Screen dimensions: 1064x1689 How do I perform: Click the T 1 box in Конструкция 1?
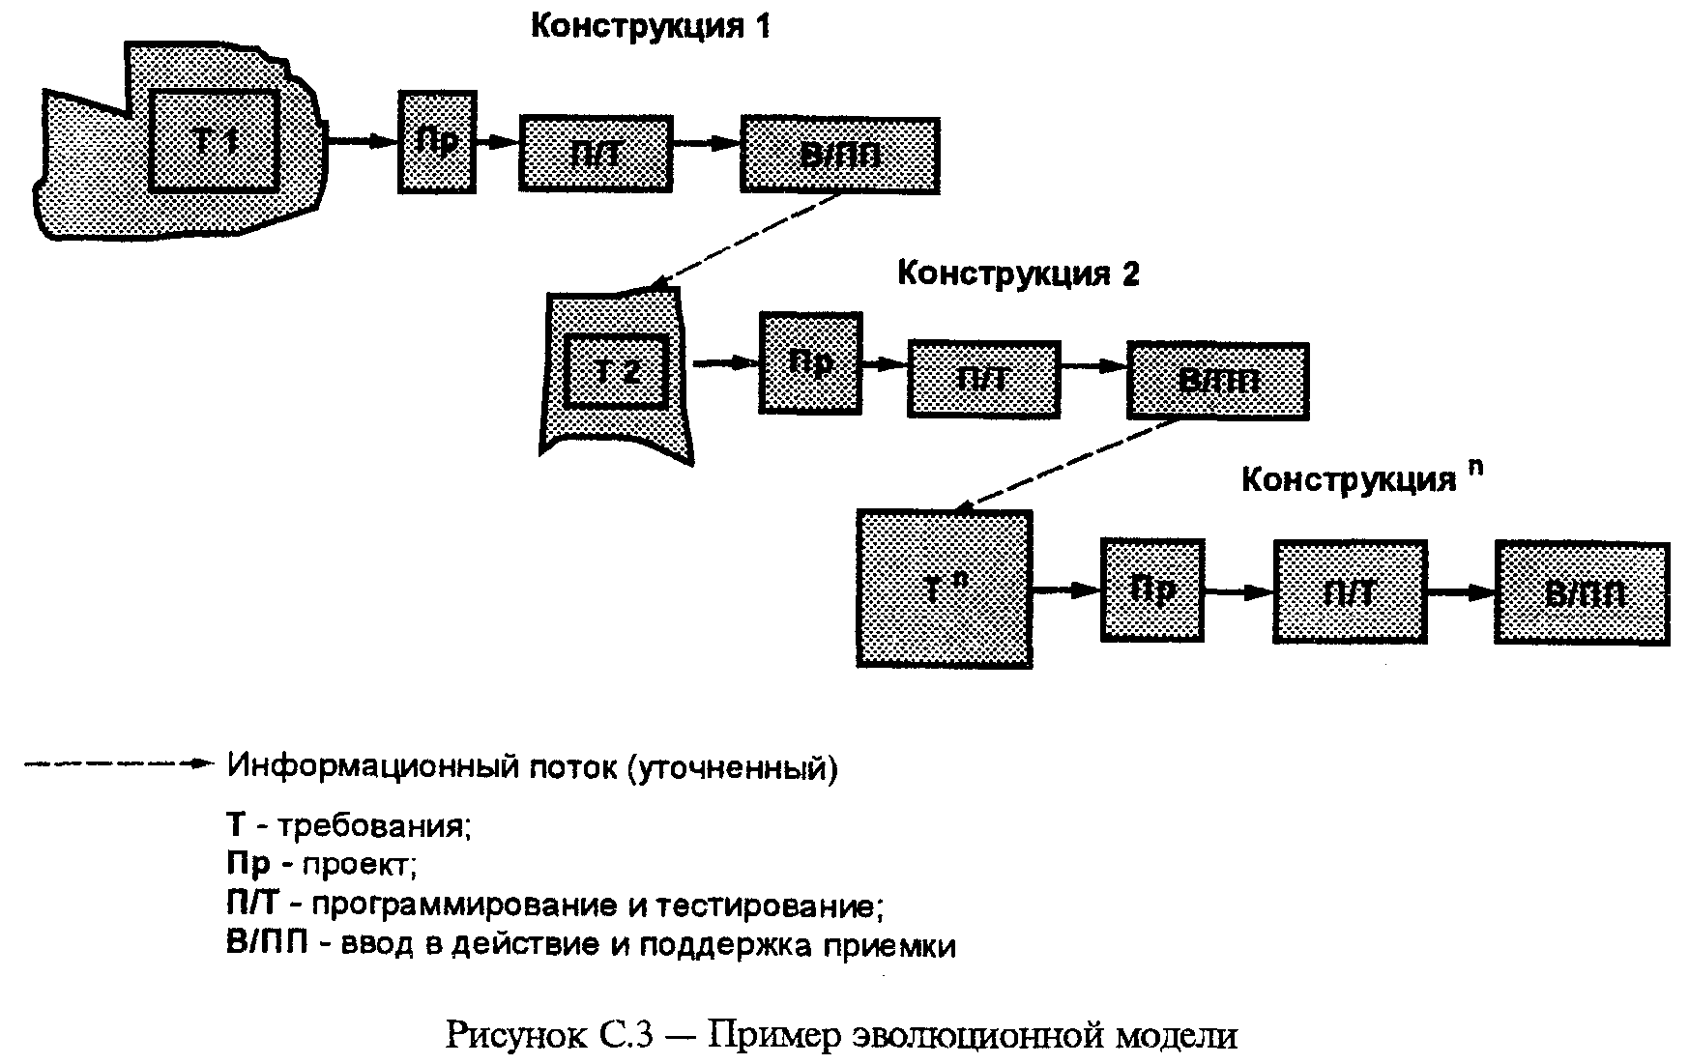216,141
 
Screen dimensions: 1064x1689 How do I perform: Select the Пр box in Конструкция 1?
437,142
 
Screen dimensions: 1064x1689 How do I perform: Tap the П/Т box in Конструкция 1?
596,154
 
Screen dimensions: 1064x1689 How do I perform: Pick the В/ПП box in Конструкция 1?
839,155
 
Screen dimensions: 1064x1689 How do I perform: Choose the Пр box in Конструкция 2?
810,363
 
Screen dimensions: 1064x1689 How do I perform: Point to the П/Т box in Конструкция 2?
983,379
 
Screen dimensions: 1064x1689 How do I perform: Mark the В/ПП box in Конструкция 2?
1217,381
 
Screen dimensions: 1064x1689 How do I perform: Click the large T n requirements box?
944,589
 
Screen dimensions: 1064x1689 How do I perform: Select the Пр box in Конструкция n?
1152,590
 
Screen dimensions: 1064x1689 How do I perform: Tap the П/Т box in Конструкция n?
1350,591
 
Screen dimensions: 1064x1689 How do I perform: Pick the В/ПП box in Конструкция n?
1582,592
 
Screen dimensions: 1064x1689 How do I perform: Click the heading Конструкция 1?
651,26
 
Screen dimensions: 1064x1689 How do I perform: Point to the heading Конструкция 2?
1018,273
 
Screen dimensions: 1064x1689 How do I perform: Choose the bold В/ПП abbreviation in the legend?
266,943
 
